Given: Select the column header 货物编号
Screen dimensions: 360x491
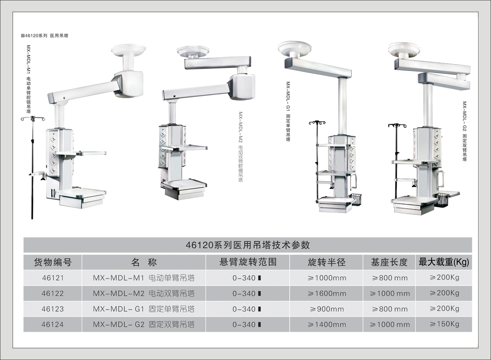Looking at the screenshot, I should point(52,262).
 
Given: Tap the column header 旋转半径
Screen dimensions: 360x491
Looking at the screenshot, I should point(326,262).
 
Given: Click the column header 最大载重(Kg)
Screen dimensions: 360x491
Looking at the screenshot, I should point(444,262).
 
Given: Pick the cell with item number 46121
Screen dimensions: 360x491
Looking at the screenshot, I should point(52,278).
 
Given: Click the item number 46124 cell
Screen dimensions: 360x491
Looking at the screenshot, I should point(52,324).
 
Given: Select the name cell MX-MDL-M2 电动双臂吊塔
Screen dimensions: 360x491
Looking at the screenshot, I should point(144,293).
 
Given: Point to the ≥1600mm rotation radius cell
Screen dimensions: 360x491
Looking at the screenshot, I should point(326,293).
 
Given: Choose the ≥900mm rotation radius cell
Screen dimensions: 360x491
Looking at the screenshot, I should point(326,309).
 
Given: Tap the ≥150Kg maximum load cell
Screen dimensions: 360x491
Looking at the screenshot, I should point(444,324).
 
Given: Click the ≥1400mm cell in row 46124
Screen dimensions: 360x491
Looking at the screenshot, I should point(326,324).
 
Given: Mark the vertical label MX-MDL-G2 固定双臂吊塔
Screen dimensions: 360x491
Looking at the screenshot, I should point(465,131).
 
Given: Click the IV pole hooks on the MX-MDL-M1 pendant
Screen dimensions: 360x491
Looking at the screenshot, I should point(32,120).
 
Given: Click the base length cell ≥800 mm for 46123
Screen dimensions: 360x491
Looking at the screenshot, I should point(389,309).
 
